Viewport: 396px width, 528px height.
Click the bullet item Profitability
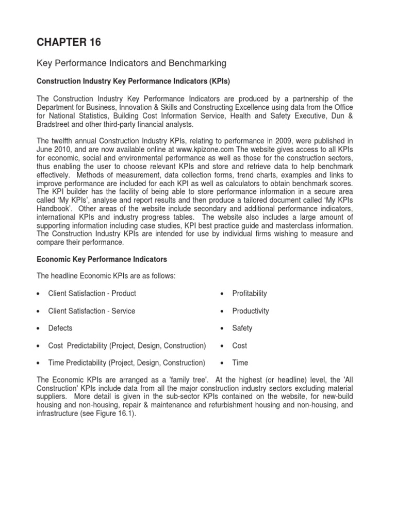point(250,293)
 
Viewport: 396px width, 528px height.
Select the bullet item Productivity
point(251,311)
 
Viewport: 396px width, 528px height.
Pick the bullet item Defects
point(60,328)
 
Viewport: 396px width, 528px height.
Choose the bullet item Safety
point(242,328)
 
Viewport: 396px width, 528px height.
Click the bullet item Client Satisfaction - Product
point(92,293)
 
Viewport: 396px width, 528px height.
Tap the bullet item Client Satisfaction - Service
point(91,311)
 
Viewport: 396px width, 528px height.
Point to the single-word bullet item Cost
point(240,345)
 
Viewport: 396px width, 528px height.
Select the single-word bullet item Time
point(240,362)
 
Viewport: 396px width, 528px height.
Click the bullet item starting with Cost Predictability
point(127,345)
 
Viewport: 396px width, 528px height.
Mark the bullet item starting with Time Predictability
point(127,362)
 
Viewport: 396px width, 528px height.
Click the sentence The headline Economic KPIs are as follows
point(106,276)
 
